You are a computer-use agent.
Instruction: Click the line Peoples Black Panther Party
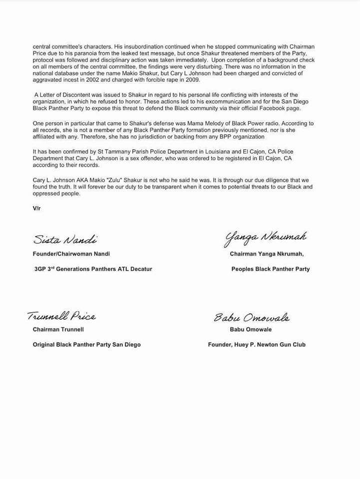[x=270, y=269]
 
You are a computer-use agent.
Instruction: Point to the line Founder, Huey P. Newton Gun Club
[x=257, y=345]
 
